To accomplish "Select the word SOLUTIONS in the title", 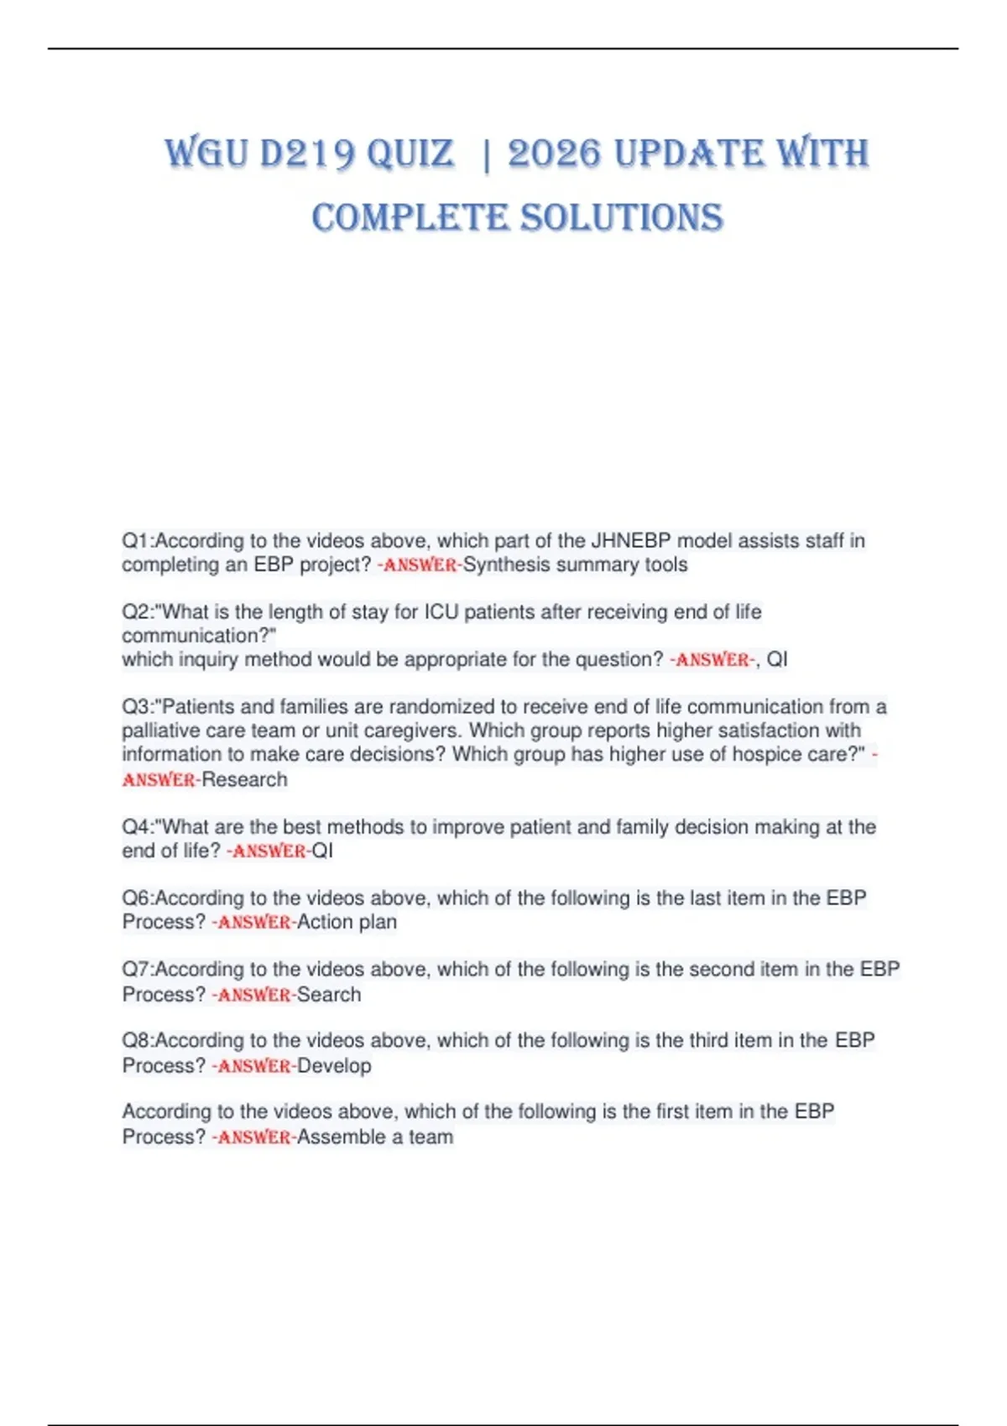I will pyautogui.click(x=621, y=218).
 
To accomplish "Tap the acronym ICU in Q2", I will pyautogui.click(x=441, y=612).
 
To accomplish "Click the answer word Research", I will pyautogui.click(x=244, y=780).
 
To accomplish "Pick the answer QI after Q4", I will pyautogui.click(x=322, y=851).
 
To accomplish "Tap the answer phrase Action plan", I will pyautogui.click(x=347, y=922).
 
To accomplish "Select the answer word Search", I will pyautogui.click(x=329, y=995).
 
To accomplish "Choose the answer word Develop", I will pyautogui.click(x=334, y=1066).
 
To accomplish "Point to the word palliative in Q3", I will pyautogui.click(x=161, y=731).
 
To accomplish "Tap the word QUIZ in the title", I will pyautogui.click(x=410, y=154).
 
